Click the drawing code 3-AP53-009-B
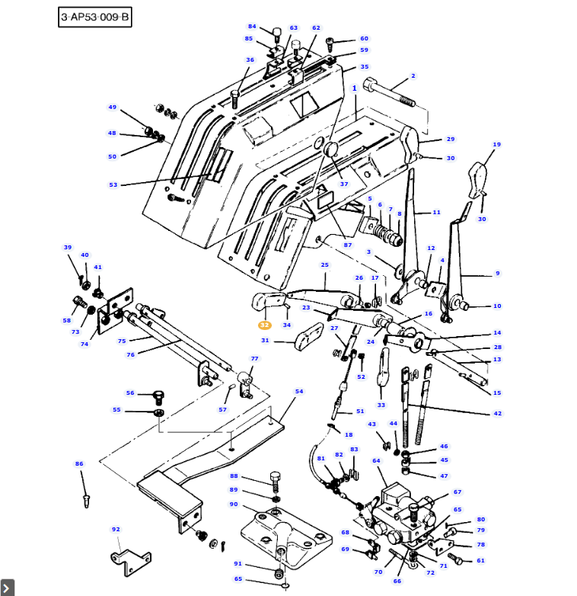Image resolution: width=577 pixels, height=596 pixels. point(95,17)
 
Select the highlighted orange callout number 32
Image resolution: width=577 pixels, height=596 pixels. point(265,325)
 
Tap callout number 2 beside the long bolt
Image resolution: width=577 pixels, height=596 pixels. point(413,76)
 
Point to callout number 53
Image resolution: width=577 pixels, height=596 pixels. point(113,185)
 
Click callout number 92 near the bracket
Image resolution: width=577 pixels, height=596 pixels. point(116,529)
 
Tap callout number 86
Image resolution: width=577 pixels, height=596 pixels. point(79,463)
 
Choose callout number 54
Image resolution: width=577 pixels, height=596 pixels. point(299,392)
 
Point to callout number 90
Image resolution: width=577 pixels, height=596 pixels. point(233,505)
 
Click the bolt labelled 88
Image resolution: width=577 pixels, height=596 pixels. point(276,482)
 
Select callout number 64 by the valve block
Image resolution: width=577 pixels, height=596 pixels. point(376,461)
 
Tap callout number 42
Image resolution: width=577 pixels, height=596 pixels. point(497,414)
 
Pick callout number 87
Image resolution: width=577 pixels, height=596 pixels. point(348,245)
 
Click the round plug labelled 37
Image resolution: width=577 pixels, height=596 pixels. point(332,150)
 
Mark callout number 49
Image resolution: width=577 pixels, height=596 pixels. point(113,107)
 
